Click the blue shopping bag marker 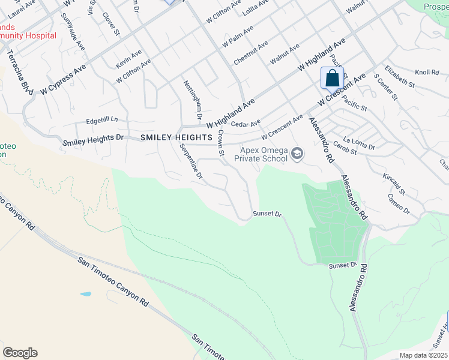point(332,78)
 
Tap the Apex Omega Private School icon point(297,155)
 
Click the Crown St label point(221,144)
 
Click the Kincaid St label point(393,184)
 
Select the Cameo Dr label point(399,205)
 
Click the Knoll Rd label point(427,73)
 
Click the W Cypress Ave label point(64,79)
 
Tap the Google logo point(20,353)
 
